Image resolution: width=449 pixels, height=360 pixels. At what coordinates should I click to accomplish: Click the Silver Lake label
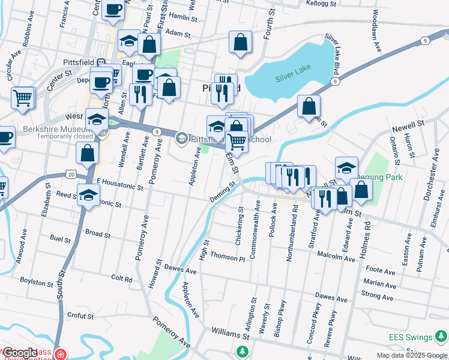click(291, 78)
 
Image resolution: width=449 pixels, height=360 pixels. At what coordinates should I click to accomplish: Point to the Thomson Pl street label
click(228, 257)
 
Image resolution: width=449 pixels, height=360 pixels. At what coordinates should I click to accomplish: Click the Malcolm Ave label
click(336, 257)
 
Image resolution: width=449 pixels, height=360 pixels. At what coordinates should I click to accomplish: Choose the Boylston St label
click(36, 281)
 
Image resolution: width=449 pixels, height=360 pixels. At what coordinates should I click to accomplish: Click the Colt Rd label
click(121, 278)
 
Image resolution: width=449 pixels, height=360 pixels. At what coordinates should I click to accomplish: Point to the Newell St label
click(408, 124)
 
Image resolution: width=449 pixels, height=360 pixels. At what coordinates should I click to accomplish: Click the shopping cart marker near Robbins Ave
click(23, 97)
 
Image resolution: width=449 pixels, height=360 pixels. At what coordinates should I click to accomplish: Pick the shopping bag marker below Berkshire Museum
click(88, 154)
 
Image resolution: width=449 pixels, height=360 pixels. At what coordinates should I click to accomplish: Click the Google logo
click(20, 353)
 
